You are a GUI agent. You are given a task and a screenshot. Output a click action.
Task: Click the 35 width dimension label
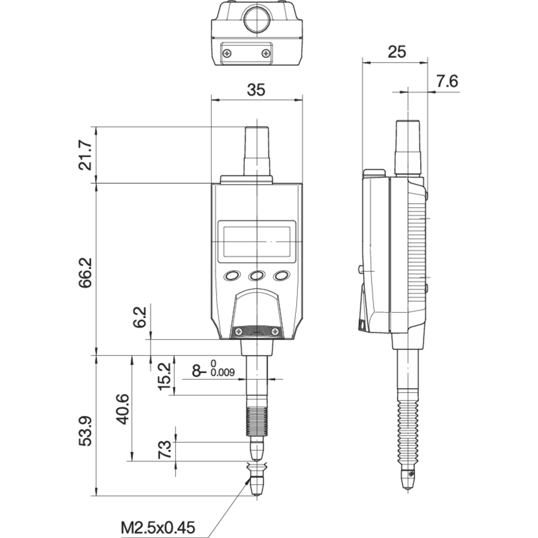tap(256, 90)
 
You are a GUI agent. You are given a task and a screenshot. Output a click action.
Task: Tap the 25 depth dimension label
tap(397, 52)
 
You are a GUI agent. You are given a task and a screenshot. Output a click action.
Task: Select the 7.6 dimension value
tap(447, 81)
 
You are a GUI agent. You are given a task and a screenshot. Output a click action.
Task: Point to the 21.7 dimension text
tap(86, 155)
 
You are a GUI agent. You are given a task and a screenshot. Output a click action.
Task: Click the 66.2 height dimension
tap(86, 273)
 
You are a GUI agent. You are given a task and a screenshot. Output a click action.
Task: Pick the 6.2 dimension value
tap(140, 317)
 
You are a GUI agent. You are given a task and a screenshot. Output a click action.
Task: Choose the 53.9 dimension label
tap(86, 431)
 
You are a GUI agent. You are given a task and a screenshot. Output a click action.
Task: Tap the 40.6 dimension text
tap(123, 409)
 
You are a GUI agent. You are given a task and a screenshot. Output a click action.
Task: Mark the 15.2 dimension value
tap(164, 377)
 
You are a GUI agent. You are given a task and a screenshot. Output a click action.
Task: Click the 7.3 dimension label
tap(164, 449)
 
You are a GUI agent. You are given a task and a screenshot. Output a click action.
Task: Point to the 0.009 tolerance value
tap(223, 372)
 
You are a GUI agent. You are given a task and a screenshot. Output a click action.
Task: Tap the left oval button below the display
tap(232, 275)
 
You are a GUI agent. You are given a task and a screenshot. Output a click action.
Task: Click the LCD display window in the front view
tap(257, 242)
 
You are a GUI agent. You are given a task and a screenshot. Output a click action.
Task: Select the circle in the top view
tap(257, 19)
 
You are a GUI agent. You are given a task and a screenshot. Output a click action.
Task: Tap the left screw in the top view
tap(228, 53)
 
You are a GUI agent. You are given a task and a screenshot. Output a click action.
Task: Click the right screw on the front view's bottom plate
tap(275, 331)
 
